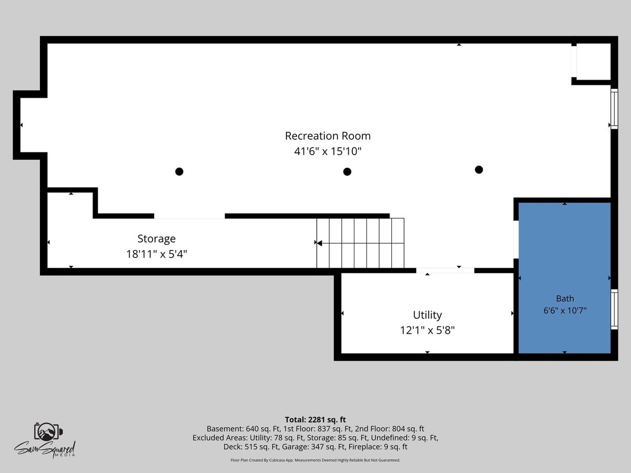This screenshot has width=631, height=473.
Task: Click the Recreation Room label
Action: [x=328, y=136]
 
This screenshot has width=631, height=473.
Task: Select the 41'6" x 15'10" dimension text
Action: [x=328, y=151]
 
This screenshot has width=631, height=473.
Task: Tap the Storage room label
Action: [x=156, y=239]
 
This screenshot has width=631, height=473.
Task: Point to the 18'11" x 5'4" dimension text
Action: [x=157, y=254]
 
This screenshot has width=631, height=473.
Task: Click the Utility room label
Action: [x=427, y=315]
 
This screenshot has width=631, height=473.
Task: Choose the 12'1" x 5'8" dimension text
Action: [x=427, y=330]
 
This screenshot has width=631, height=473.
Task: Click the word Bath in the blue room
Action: [x=565, y=299]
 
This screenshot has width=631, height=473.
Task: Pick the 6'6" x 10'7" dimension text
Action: [x=565, y=311]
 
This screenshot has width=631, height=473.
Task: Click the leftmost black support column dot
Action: [x=179, y=171]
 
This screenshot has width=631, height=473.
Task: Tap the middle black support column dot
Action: [x=347, y=172]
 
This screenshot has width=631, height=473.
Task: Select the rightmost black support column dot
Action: [x=479, y=170]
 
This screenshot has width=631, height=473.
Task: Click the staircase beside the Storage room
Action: [x=360, y=243]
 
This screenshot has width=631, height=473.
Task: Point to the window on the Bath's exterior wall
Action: [x=614, y=309]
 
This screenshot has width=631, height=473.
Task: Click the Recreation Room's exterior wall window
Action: [x=614, y=109]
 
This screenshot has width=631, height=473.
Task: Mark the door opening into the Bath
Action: [x=516, y=240]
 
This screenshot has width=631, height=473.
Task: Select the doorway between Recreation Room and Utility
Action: [x=445, y=271]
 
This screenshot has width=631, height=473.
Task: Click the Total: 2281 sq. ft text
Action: [x=315, y=419]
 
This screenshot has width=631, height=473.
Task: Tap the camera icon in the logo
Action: [x=48, y=431]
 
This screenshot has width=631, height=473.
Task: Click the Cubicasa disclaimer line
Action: [x=315, y=460]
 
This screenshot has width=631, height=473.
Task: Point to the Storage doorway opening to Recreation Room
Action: [x=189, y=216]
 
